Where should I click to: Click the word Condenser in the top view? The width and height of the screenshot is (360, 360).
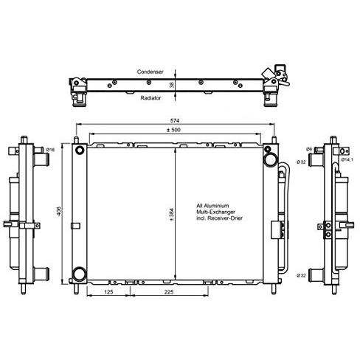click(150, 72)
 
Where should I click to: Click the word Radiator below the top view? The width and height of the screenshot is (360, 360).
click(150, 98)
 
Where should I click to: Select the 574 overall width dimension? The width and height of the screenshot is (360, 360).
click(175, 121)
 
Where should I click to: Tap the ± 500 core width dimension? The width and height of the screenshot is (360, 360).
click(173, 130)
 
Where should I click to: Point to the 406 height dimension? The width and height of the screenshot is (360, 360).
click(59, 211)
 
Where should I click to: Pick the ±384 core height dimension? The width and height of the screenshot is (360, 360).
click(171, 214)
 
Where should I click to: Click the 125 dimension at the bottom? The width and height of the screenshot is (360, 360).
click(108, 292)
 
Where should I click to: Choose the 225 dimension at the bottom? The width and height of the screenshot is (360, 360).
click(169, 292)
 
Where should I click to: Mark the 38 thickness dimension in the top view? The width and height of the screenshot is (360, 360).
click(171, 85)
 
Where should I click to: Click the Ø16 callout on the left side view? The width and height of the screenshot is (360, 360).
click(50, 150)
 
